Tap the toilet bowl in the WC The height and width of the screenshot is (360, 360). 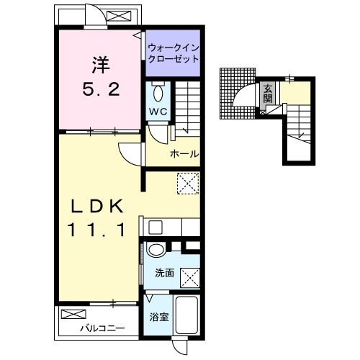tap(158, 93)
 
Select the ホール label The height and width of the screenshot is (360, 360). tap(184, 154)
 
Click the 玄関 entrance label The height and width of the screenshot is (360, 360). tap(268, 94)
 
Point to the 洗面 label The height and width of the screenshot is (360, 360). tap(164, 273)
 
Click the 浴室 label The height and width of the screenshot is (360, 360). tap(159, 317)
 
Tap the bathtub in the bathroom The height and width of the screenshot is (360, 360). tap(186, 315)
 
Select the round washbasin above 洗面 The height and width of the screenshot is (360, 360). tap(156, 251)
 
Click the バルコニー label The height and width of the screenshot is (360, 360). tap(102, 328)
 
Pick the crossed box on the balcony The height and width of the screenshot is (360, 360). tap(73, 314)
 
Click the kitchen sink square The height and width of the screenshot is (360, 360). tap(156, 227)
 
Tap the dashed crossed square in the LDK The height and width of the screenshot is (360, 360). tap(188, 183)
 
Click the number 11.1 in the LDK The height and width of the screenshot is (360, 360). tap(97, 230)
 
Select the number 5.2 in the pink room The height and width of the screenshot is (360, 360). tap(101, 89)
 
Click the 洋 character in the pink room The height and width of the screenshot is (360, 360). tap(101, 65)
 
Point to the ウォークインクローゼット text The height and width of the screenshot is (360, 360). tap(174, 53)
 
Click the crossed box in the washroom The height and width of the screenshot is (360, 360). tap(190, 278)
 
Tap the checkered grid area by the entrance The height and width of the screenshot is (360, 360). tap(237, 94)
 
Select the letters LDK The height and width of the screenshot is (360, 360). tap(97, 206)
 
